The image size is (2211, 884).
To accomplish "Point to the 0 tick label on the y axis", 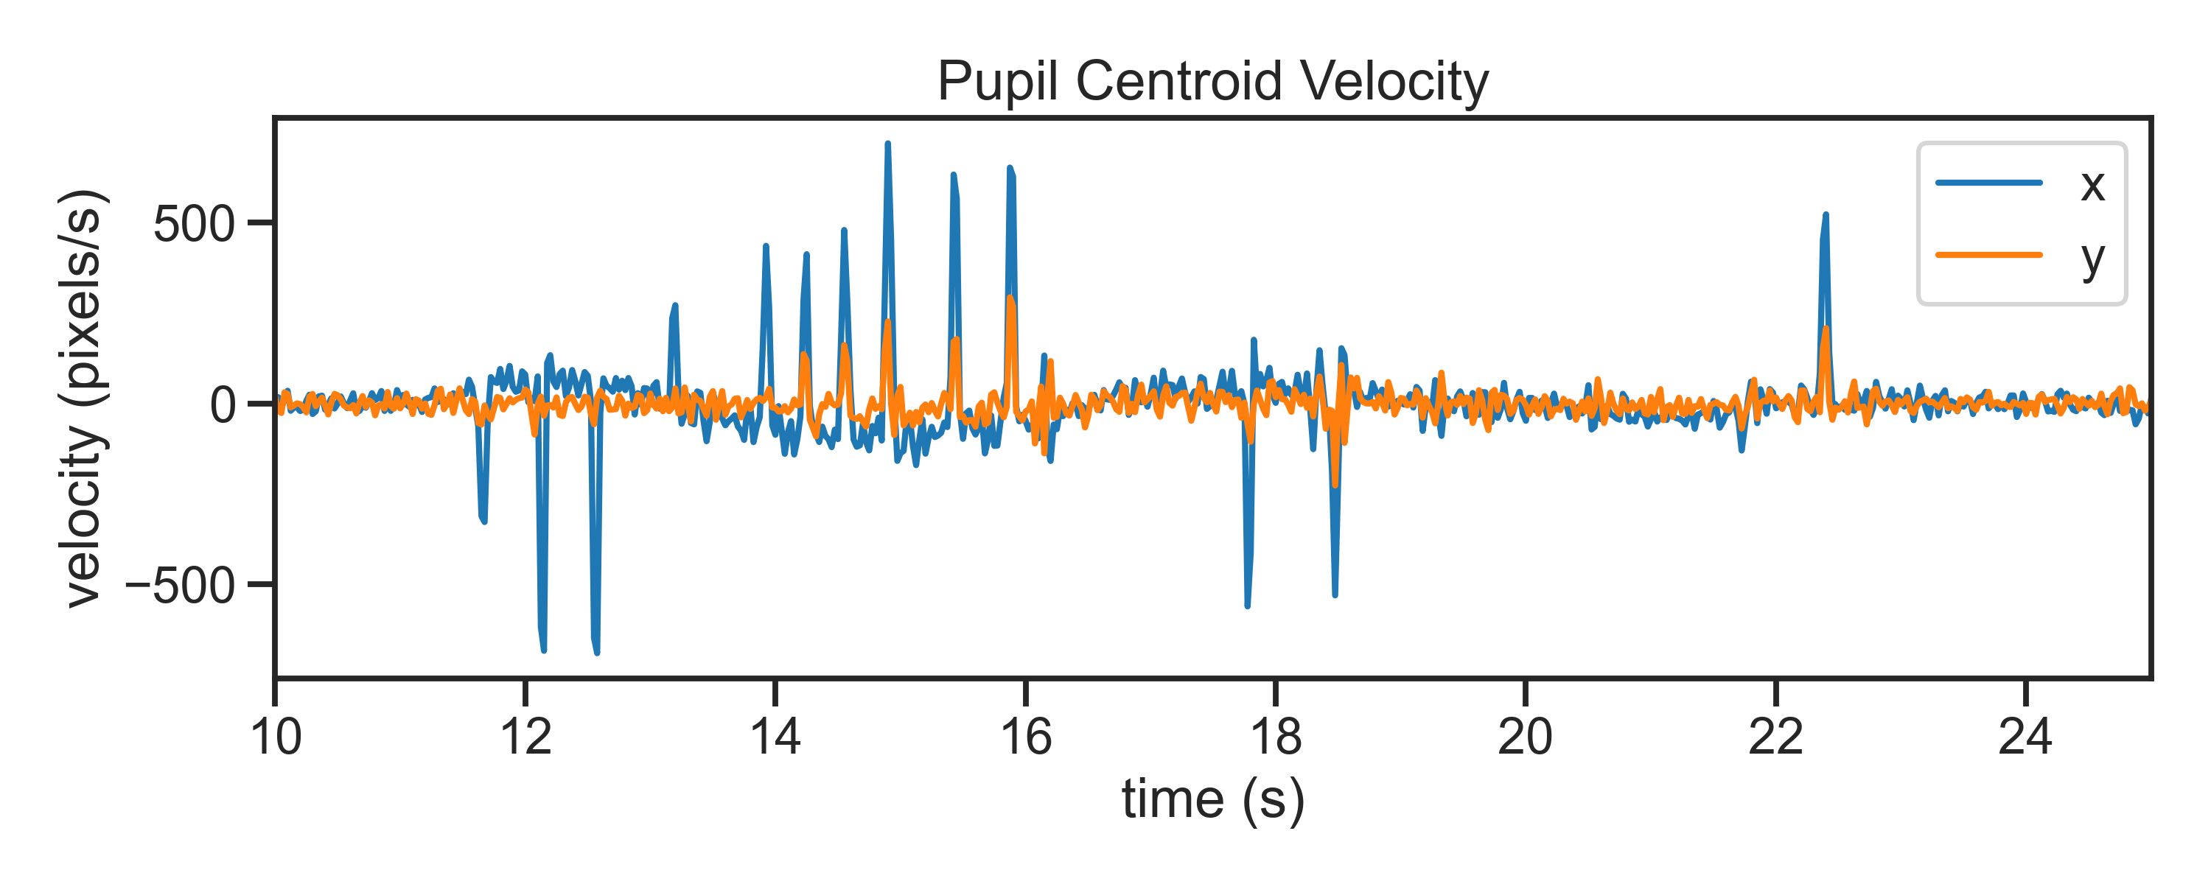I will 223,405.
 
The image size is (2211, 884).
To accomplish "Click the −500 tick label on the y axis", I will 181,587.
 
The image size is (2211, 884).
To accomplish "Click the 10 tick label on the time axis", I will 276,737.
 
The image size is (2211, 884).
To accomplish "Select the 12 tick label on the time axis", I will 525,737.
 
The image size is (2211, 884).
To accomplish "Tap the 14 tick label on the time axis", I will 775,737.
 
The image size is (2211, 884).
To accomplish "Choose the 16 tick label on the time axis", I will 1026,737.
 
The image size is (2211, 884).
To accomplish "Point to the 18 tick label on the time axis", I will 1276,737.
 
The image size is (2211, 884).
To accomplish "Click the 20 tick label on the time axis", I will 1525,737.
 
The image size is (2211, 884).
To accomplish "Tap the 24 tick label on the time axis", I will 2025,737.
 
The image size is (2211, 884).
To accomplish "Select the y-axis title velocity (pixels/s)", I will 84,399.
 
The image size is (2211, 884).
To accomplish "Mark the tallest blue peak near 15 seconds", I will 887,144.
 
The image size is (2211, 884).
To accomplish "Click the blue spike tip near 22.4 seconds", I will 1826,214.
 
